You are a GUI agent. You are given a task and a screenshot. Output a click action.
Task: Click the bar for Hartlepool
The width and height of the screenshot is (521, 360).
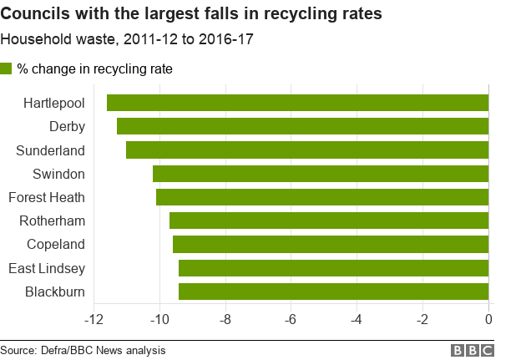297,103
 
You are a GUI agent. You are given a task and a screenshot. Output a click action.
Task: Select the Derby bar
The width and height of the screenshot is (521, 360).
302,126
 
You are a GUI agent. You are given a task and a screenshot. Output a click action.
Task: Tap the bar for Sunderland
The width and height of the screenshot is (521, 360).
306,150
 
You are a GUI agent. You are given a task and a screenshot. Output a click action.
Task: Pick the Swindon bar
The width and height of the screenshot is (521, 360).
320,174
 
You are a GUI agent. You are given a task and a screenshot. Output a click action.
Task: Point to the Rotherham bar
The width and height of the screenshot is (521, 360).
328,221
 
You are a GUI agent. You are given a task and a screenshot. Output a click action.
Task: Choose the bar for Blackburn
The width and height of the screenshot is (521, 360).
333,292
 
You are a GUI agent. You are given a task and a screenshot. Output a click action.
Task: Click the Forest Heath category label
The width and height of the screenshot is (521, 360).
47,198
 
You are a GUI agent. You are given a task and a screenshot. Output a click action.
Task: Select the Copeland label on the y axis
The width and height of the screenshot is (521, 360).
55,245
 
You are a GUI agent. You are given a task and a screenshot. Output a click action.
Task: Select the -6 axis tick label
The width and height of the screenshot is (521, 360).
291,319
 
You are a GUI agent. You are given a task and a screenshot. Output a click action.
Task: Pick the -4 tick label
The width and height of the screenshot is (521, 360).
357,319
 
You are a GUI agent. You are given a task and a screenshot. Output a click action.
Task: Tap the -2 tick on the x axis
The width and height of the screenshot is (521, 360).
422,319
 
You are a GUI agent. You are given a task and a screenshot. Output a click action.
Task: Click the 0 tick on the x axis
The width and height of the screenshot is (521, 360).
488,319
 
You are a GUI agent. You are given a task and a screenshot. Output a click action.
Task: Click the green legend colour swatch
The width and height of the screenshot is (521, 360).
7,69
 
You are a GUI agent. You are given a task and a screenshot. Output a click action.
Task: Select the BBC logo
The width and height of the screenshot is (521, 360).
473,350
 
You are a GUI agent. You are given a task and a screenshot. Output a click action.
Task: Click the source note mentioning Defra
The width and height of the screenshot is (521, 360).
83,350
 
